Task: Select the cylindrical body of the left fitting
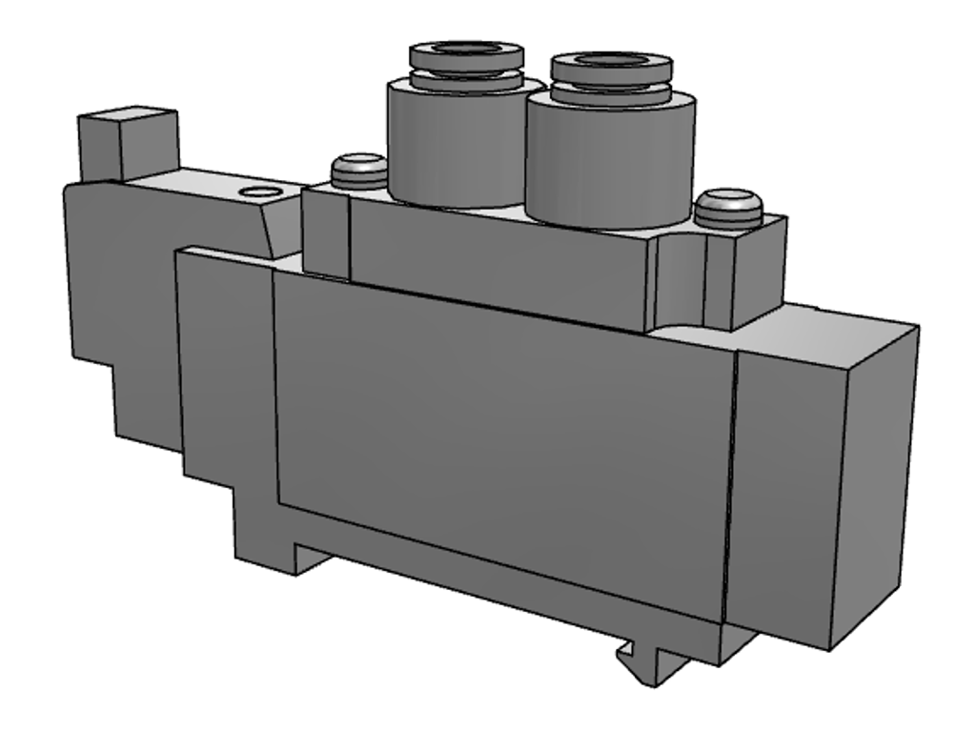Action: click(x=448, y=143)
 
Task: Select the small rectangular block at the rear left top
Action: click(x=128, y=143)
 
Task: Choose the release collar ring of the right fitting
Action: click(x=610, y=92)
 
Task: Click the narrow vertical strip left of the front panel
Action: click(x=225, y=381)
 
